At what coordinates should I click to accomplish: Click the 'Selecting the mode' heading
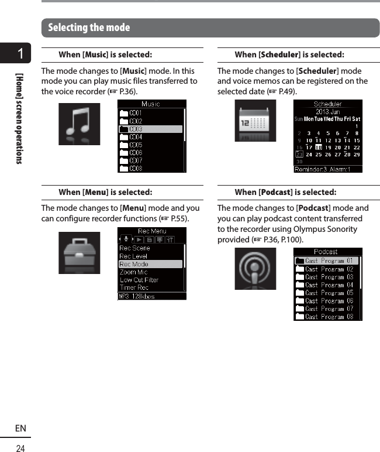click(x=89, y=28)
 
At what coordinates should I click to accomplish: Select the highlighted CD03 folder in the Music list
click(x=150, y=129)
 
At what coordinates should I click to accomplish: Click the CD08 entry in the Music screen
click(x=136, y=169)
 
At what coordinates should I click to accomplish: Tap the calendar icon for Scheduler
click(x=255, y=121)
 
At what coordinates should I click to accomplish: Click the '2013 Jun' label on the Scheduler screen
click(x=327, y=111)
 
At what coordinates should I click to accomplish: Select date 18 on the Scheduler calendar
click(x=319, y=148)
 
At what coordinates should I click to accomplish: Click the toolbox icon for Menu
click(x=79, y=253)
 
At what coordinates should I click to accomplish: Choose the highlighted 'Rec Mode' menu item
click(x=150, y=264)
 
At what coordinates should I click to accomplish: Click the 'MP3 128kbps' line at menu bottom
click(x=137, y=296)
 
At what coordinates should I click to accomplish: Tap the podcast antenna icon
click(x=255, y=269)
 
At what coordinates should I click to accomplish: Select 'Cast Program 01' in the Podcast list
click(x=329, y=261)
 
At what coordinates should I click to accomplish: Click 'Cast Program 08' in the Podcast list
click(x=329, y=317)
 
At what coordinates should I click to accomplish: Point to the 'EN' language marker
click(x=20, y=429)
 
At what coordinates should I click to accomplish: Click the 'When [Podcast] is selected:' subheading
click(x=285, y=192)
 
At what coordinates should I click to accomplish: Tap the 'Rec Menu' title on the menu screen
click(x=152, y=231)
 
